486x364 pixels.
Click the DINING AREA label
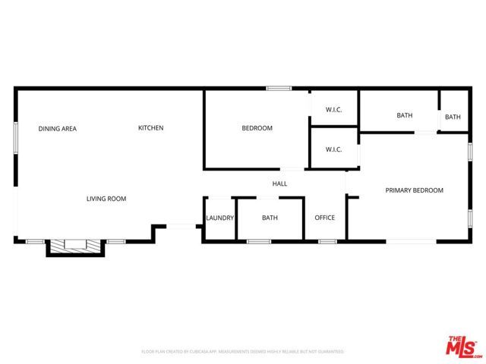click(58, 129)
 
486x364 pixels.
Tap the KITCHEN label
click(150, 128)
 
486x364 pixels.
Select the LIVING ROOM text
click(106, 199)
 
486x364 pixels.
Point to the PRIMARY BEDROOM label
click(414, 190)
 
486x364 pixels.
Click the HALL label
click(279, 184)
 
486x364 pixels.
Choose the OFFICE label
click(325, 218)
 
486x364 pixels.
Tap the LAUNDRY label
click(219, 218)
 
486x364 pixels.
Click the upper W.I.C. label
click(333, 110)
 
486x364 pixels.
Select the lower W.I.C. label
click(333, 149)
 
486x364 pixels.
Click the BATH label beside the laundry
click(270, 218)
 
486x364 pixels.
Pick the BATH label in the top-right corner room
click(453, 117)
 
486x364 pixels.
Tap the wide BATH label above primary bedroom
click(404, 116)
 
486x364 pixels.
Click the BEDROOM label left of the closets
click(257, 129)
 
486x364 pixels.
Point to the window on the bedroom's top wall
click(279, 89)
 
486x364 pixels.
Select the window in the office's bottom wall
click(327, 241)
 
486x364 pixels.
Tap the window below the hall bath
click(259, 241)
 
